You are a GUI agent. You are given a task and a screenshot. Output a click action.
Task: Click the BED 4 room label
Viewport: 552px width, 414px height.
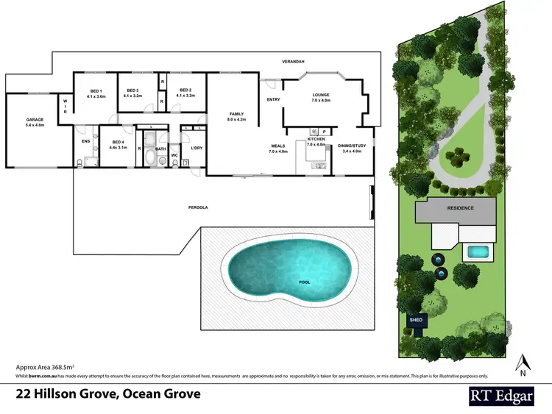[x=118, y=142]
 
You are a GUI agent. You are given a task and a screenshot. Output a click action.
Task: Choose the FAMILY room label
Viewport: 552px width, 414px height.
[x=236, y=114]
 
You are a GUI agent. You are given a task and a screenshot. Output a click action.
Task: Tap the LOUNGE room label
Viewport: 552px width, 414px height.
[x=320, y=95]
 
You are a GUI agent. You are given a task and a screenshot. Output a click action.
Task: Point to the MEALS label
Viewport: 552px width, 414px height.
[x=278, y=146]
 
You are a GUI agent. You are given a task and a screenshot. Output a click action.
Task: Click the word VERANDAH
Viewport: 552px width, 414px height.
[x=291, y=62]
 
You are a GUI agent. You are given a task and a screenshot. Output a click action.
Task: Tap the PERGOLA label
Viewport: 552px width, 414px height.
[x=198, y=208]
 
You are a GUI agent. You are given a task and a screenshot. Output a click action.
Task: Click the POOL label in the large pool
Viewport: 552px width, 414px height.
[x=304, y=282]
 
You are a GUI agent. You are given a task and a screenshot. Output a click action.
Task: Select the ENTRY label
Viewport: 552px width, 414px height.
[x=273, y=100]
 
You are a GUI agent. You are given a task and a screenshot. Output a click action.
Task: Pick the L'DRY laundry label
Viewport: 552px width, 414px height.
[x=196, y=149]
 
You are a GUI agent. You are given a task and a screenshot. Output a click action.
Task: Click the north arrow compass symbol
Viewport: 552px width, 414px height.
[x=523, y=363]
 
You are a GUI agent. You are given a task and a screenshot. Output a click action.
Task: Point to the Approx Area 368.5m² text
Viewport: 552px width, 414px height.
[x=48, y=365]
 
